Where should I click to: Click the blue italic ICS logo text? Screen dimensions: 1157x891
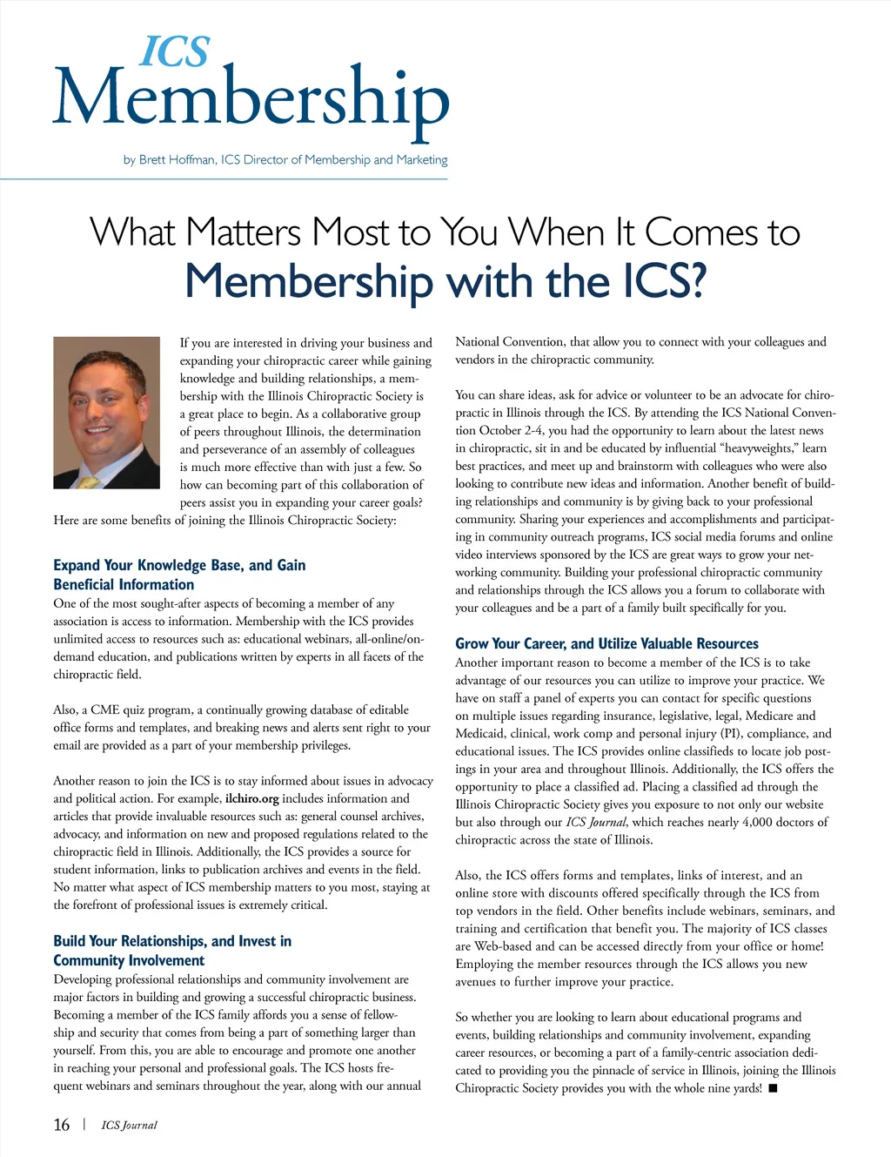click(x=175, y=53)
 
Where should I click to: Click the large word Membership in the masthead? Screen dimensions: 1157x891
click(x=251, y=99)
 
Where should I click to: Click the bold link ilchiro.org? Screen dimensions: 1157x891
click(x=251, y=798)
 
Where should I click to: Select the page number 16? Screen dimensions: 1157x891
click(x=62, y=1125)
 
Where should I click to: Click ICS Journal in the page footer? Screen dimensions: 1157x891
click(x=129, y=1125)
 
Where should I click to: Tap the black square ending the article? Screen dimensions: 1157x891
click(x=773, y=1088)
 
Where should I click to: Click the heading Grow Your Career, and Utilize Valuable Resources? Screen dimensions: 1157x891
click(x=606, y=643)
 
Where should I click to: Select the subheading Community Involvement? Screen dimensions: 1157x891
click(x=129, y=960)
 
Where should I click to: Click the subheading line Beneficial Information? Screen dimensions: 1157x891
click(x=124, y=584)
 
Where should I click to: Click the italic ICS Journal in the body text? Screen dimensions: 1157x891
click(x=597, y=822)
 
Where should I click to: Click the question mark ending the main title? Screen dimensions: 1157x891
click(x=693, y=282)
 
